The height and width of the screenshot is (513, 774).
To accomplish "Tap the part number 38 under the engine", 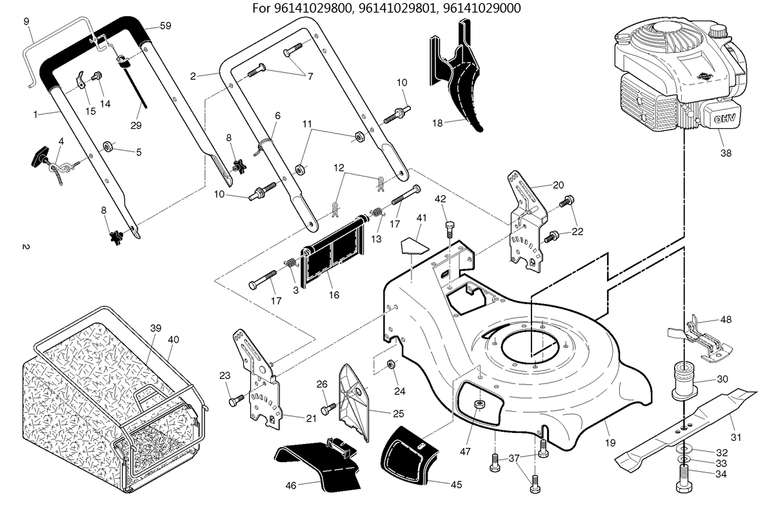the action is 726,153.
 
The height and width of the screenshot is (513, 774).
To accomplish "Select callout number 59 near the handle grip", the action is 166,26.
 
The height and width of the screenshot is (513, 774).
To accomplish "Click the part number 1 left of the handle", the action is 35,114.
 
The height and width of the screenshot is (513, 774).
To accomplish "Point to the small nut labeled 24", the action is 392,364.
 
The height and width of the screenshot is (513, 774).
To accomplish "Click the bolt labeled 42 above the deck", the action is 450,229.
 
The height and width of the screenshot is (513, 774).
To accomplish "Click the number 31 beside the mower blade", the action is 737,438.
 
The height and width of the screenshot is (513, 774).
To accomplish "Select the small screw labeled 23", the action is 236,400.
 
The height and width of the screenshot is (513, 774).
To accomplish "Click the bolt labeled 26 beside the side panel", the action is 328,409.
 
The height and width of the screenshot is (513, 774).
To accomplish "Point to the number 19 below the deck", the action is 611,443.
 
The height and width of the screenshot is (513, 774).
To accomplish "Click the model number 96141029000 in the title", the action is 482,8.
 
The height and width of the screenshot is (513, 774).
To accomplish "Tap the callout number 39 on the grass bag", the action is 156,328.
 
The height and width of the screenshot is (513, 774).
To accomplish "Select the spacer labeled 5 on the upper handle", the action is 108,147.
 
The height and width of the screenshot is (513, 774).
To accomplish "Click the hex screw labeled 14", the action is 97,75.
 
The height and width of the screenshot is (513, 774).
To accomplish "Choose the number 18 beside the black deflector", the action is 437,123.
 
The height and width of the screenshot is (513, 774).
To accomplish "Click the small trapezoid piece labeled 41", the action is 414,245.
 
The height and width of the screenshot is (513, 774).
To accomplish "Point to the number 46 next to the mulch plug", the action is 291,485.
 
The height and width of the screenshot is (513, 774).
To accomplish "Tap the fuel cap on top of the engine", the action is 718,32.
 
